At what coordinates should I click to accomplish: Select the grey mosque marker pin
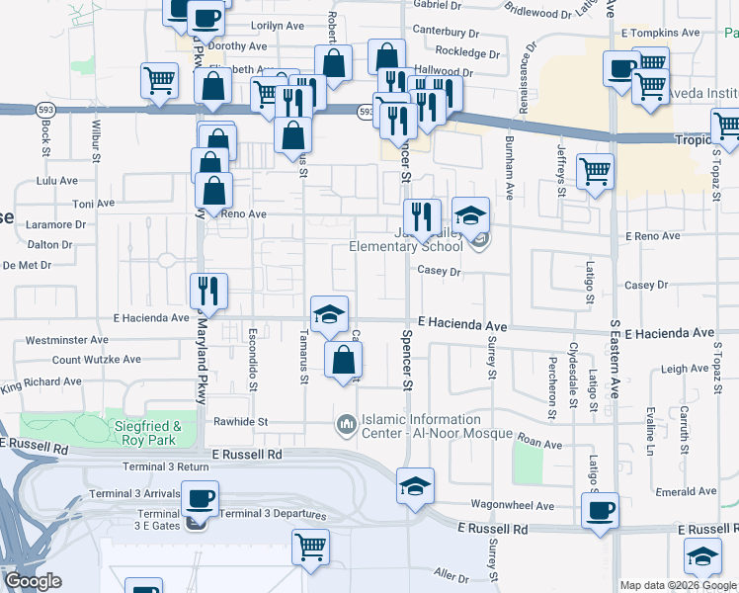[x=346, y=426]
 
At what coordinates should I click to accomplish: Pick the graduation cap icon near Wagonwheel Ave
[x=415, y=485]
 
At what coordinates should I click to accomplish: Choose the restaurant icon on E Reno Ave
[x=422, y=215]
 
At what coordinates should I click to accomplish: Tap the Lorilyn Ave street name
[x=251, y=25]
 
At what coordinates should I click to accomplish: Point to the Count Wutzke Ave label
[x=94, y=360]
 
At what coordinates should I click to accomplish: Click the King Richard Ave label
[x=45, y=381]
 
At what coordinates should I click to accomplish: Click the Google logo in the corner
[x=33, y=581]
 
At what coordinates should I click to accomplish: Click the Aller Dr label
[x=450, y=574]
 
